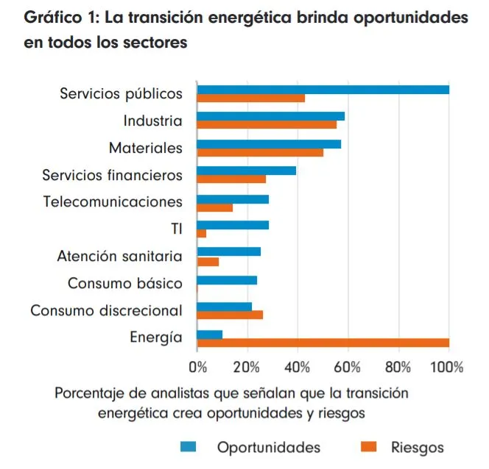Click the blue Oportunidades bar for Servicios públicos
[323, 90]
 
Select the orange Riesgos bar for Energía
[323, 343]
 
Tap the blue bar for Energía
[210, 334]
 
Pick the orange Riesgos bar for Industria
[267, 125]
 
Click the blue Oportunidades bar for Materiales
[269, 144]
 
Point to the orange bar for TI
[202, 234]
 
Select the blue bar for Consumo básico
[227, 280]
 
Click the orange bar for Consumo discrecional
[230, 315]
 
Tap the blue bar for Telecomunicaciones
[233, 198]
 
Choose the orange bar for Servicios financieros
[231, 179]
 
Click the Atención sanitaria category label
[120, 257]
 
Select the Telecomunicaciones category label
[113, 201]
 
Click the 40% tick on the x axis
[298, 366]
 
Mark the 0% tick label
[198, 366]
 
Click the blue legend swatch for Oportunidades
[190, 448]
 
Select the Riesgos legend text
[418, 448]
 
